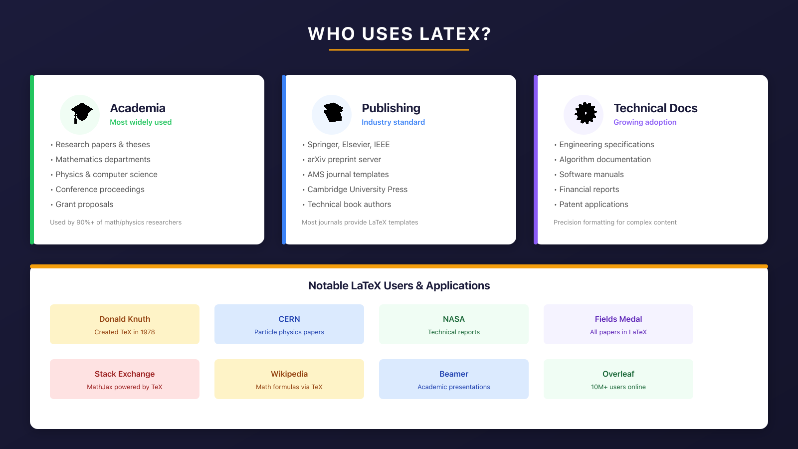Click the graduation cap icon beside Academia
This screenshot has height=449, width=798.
tap(80, 114)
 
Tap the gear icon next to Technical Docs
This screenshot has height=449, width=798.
tap(584, 114)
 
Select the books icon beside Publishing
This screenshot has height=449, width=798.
tap(332, 114)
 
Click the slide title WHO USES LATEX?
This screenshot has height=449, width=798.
tap(399, 34)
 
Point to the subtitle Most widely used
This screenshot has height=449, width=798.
tap(141, 122)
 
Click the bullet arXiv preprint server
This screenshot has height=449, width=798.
tap(344, 160)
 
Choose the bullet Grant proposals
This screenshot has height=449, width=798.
tap(84, 205)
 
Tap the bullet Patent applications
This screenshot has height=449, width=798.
tap(594, 205)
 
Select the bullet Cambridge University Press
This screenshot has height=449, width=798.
tap(357, 190)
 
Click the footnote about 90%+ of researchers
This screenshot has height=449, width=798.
tap(116, 223)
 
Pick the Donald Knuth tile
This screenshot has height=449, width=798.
tap(125, 324)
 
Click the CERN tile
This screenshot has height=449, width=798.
tap(289, 324)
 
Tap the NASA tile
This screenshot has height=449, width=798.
tap(454, 324)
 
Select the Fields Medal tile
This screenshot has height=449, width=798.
tap(618, 324)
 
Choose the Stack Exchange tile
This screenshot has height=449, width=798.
tap(125, 379)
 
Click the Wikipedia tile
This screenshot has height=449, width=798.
tap(289, 379)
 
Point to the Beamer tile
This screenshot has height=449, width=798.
tap(454, 379)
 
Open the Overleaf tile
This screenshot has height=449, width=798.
tap(618, 379)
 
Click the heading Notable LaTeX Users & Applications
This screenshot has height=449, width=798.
tap(399, 286)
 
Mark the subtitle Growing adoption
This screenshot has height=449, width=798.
tap(645, 122)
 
